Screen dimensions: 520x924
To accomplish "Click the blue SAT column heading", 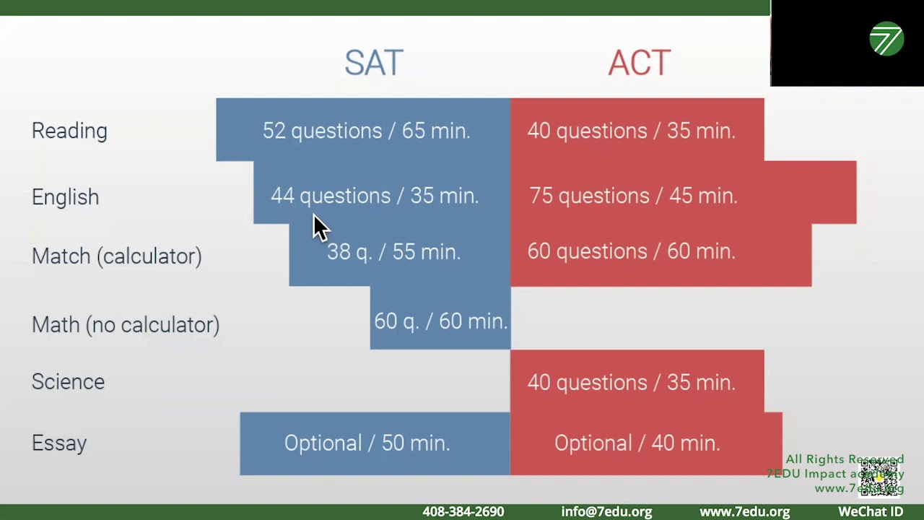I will [373, 64].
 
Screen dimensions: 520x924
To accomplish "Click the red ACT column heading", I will [639, 64].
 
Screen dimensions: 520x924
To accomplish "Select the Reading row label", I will [69, 131].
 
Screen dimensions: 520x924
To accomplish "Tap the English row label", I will [65, 197].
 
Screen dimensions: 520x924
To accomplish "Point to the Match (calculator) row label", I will [116, 256].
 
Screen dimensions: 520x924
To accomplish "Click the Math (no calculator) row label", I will [125, 325].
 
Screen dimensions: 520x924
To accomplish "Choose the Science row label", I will [68, 381].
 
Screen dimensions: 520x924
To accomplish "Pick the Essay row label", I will [59, 443].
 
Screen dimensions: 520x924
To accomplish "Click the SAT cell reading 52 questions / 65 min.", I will [366, 131].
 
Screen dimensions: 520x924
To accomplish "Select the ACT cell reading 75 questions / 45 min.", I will [633, 196].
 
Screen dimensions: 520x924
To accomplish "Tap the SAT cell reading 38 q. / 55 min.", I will [393, 252].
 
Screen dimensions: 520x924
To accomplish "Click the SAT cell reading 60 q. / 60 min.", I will [440, 321].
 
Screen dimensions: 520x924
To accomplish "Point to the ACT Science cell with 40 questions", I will [631, 382].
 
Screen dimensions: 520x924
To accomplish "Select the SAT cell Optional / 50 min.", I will [367, 443].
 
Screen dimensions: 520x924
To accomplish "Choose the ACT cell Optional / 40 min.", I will [637, 443].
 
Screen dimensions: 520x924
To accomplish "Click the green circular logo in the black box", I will [886, 39].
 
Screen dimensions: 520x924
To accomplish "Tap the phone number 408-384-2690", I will [463, 511].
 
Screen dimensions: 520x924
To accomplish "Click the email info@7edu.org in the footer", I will [606, 511].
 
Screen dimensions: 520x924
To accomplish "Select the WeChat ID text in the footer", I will [870, 511].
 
